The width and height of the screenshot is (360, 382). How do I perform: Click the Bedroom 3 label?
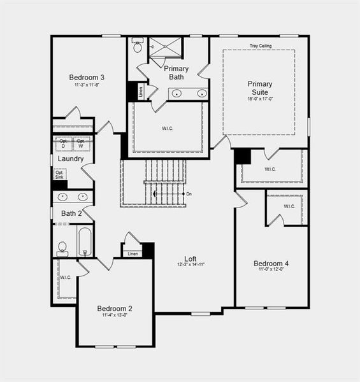[87, 78]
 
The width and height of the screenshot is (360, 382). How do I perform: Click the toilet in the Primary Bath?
[138, 46]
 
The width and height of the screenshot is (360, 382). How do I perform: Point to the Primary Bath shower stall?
[165, 47]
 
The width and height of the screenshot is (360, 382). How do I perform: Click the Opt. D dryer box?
[63, 143]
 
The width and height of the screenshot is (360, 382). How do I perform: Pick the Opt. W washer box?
[81, 143]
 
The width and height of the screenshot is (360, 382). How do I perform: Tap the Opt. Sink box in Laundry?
[59, 174]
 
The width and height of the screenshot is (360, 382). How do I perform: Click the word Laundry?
[70, 159]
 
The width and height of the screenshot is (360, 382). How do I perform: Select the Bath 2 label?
[71, 213]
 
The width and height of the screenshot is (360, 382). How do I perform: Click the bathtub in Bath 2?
[85, 241]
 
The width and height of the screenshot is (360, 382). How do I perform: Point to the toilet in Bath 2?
[62, 247]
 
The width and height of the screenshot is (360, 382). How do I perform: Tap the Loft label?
[191, 258]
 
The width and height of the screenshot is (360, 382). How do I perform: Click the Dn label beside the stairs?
[189, 194]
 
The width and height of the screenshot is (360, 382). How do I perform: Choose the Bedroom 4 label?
[271, 264]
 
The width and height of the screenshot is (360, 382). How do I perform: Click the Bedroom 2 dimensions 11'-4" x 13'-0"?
[115, 315]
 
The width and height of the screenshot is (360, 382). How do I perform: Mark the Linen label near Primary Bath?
[141, 92]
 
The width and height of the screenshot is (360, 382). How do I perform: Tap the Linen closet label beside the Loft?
[133, 254]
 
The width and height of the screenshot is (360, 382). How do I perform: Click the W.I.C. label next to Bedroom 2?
[66, 278]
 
